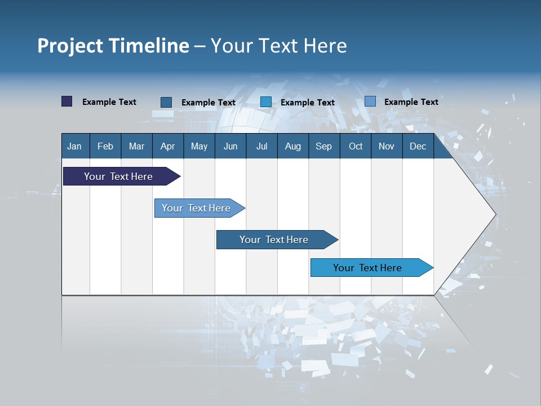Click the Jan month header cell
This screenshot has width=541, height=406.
point(75,146)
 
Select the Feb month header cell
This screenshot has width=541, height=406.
point(105,146)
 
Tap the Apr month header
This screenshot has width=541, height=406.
point(168,146)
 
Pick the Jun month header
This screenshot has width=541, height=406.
point(230,146)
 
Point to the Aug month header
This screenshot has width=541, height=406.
point(293,146)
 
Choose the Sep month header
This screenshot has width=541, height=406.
point(324,146)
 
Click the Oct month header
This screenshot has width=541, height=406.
point(356,146)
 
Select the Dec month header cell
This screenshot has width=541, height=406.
point(418,146)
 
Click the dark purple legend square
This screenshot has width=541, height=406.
point(67,101)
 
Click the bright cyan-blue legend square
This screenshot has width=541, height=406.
point(266,102)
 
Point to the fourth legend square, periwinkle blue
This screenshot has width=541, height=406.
point(370,101)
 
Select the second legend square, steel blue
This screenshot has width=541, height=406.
point(166,102)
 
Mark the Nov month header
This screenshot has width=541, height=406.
point(387,146)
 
